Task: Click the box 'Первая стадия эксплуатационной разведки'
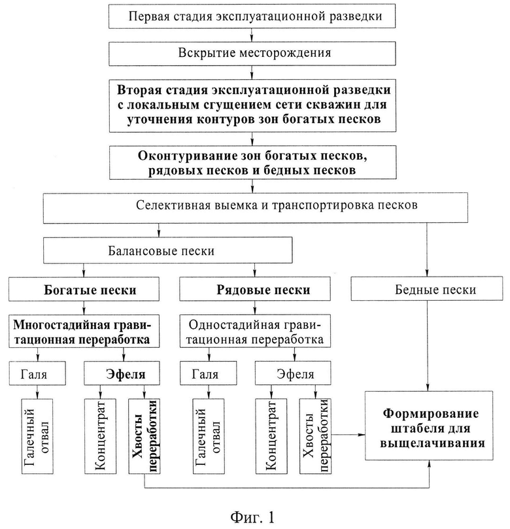click(x=252, y=16)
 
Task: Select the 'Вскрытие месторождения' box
click(x=252, y=54)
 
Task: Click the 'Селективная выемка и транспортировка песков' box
click(x=256, y=208)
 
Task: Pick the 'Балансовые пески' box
click(x=167, y=250)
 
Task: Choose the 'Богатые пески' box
click(x=84, y=289)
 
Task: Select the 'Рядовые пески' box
click(x=255, y=289)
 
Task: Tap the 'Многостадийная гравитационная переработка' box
click(x=84, y=332)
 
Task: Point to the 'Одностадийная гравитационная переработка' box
click(x=255, y=332)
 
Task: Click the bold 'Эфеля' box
click(x=122, y=373)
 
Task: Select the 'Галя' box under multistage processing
click(x=37, y=373)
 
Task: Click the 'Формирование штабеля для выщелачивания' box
click(x=429, y=426)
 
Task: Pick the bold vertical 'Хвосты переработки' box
click(x=144, y=437)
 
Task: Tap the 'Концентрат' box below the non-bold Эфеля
click(x=271, y=437)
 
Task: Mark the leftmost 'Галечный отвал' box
click(x=37, y=437)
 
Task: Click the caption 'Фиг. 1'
click(x=252, y=516)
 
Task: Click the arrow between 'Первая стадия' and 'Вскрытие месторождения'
click(x=252, y=35)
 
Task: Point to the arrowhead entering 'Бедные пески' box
click(x=427, y=273)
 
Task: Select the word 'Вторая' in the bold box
click(x=137, y=90)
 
